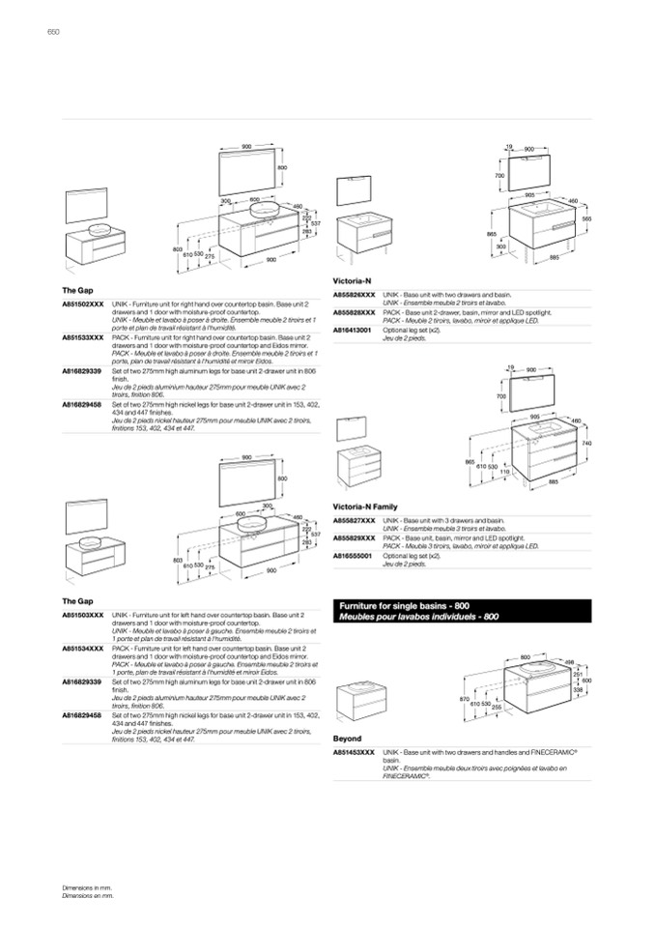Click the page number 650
click(x=53, y=33)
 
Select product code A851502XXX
click(x=82, y=303)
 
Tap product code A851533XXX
click(x=82, y=336)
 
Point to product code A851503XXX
click(x=82, y=614)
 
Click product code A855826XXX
click(x=354, y=293)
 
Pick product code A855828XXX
click(x=354, y=312)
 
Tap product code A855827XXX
click(x=354, y=520)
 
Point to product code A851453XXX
click(x=354, y=750)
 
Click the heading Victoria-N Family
click(x=365, y=506)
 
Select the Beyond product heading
click(x=347, y=739)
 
